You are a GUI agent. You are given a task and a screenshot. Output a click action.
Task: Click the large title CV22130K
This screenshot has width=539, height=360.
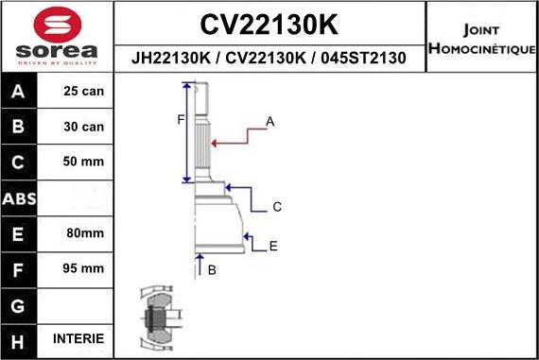coord(270,23)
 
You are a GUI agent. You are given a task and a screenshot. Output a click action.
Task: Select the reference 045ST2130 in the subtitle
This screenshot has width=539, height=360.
coord(363,59)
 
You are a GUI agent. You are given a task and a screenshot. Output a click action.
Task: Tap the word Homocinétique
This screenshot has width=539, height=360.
coord(482,47)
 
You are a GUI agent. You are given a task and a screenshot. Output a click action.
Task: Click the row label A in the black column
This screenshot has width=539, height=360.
coord(20,92)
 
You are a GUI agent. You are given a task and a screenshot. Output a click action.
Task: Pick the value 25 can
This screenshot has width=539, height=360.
coord(83,92)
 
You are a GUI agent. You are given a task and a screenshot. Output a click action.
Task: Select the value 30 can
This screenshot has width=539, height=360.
coord(83,127)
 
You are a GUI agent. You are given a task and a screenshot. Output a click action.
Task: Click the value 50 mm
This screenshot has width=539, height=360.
coord(83,162)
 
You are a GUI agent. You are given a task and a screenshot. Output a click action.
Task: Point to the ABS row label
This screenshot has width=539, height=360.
coord(20,197)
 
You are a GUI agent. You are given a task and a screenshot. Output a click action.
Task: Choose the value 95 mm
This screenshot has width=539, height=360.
coord(83,268)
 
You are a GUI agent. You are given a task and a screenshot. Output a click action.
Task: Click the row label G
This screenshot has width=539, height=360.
coord(20,304)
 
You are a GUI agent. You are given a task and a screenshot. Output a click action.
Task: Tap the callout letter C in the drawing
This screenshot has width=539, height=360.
coord(277,206)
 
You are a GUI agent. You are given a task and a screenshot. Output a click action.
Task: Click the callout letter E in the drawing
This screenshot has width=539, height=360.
coord(273,247)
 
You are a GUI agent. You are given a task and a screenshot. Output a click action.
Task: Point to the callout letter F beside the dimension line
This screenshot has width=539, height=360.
coord(180,119)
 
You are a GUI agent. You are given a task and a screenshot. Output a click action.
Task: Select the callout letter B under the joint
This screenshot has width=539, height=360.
coord(212,270)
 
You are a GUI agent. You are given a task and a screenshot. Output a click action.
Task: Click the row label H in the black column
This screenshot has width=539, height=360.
coord(20,339)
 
